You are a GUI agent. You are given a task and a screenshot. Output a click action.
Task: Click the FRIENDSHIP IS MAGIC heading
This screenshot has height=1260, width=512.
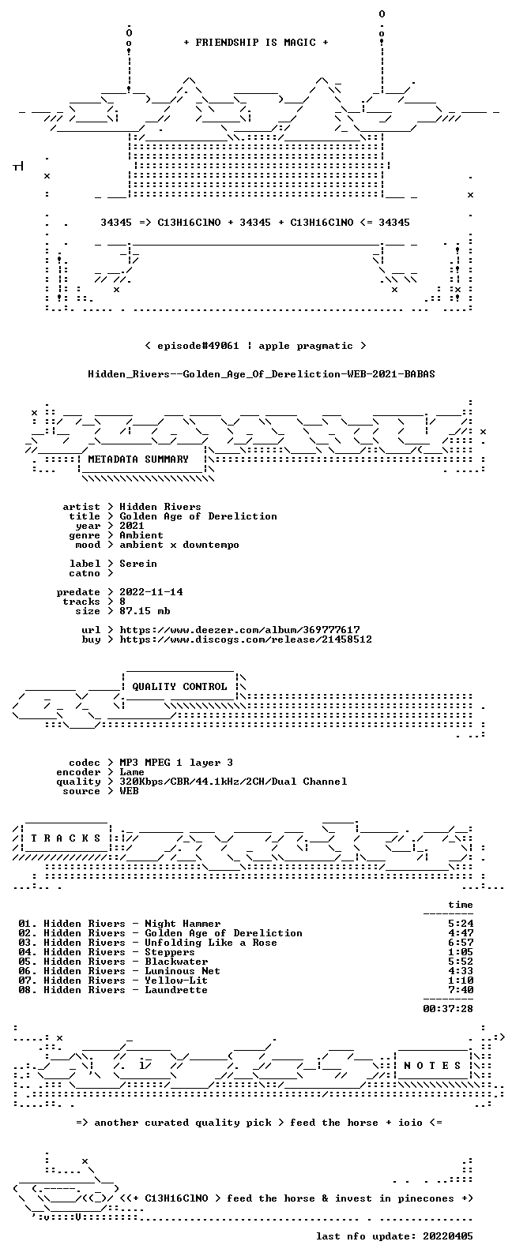coord(256,43)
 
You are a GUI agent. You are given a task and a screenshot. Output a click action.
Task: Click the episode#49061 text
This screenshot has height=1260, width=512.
coord(198,346)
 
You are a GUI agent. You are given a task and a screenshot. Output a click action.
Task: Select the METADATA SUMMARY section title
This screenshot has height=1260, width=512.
coord(138,459)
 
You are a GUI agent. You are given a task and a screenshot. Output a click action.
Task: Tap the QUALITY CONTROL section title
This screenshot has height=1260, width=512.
coord(179,687)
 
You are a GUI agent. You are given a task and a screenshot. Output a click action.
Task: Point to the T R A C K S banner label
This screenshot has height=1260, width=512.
coord(66,838)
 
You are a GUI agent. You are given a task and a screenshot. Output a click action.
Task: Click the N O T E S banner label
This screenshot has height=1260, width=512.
coord(432,1066)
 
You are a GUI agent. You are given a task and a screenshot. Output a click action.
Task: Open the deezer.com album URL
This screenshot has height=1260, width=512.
coord(239,630)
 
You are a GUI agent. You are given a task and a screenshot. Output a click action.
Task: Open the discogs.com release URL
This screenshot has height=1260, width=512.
coord(246,639)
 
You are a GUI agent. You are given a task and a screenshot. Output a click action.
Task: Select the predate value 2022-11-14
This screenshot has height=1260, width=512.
coord(151,592)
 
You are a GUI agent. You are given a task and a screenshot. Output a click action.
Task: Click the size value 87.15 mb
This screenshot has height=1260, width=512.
coord(145,611)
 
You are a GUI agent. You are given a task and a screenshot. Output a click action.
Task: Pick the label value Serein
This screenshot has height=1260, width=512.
coord(138,564)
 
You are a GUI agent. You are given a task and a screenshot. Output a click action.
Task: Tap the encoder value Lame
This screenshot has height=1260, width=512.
coord(132,772)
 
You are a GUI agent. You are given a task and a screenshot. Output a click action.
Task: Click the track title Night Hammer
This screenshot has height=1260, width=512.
coord(183,924)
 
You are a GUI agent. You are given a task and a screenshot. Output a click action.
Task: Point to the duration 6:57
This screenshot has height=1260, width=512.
coord(461,943)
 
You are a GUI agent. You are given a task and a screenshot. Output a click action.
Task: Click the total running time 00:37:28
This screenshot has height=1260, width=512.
coord(448,1009)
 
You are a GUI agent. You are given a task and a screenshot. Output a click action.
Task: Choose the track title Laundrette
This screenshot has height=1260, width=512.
coord(176,990)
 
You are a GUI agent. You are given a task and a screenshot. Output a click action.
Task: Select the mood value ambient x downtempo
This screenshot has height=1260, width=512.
coord(179,545)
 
